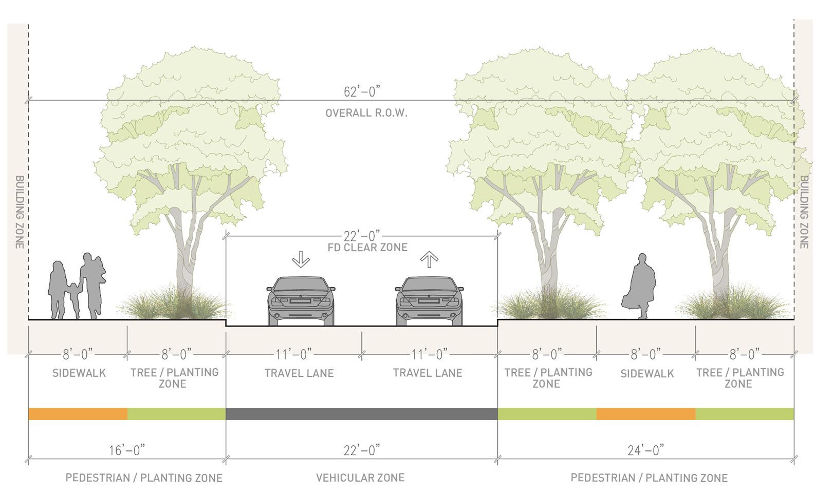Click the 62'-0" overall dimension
[361, 92]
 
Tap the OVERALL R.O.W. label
[366, 113]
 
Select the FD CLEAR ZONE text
[367, 248]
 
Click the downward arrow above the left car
[301, 260]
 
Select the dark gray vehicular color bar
[361, 414]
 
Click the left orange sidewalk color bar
[78, 414]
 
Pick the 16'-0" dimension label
[127, 450]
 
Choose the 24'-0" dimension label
[646, 450]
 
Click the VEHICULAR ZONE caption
[360, 478]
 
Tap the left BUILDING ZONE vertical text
[19, 212]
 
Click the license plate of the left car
[301, 302]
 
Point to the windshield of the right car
[429, 285]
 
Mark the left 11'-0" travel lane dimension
[293, 354]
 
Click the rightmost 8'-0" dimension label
[745, 354]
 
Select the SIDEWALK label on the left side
[79, 373]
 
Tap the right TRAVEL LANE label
[428, 373]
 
